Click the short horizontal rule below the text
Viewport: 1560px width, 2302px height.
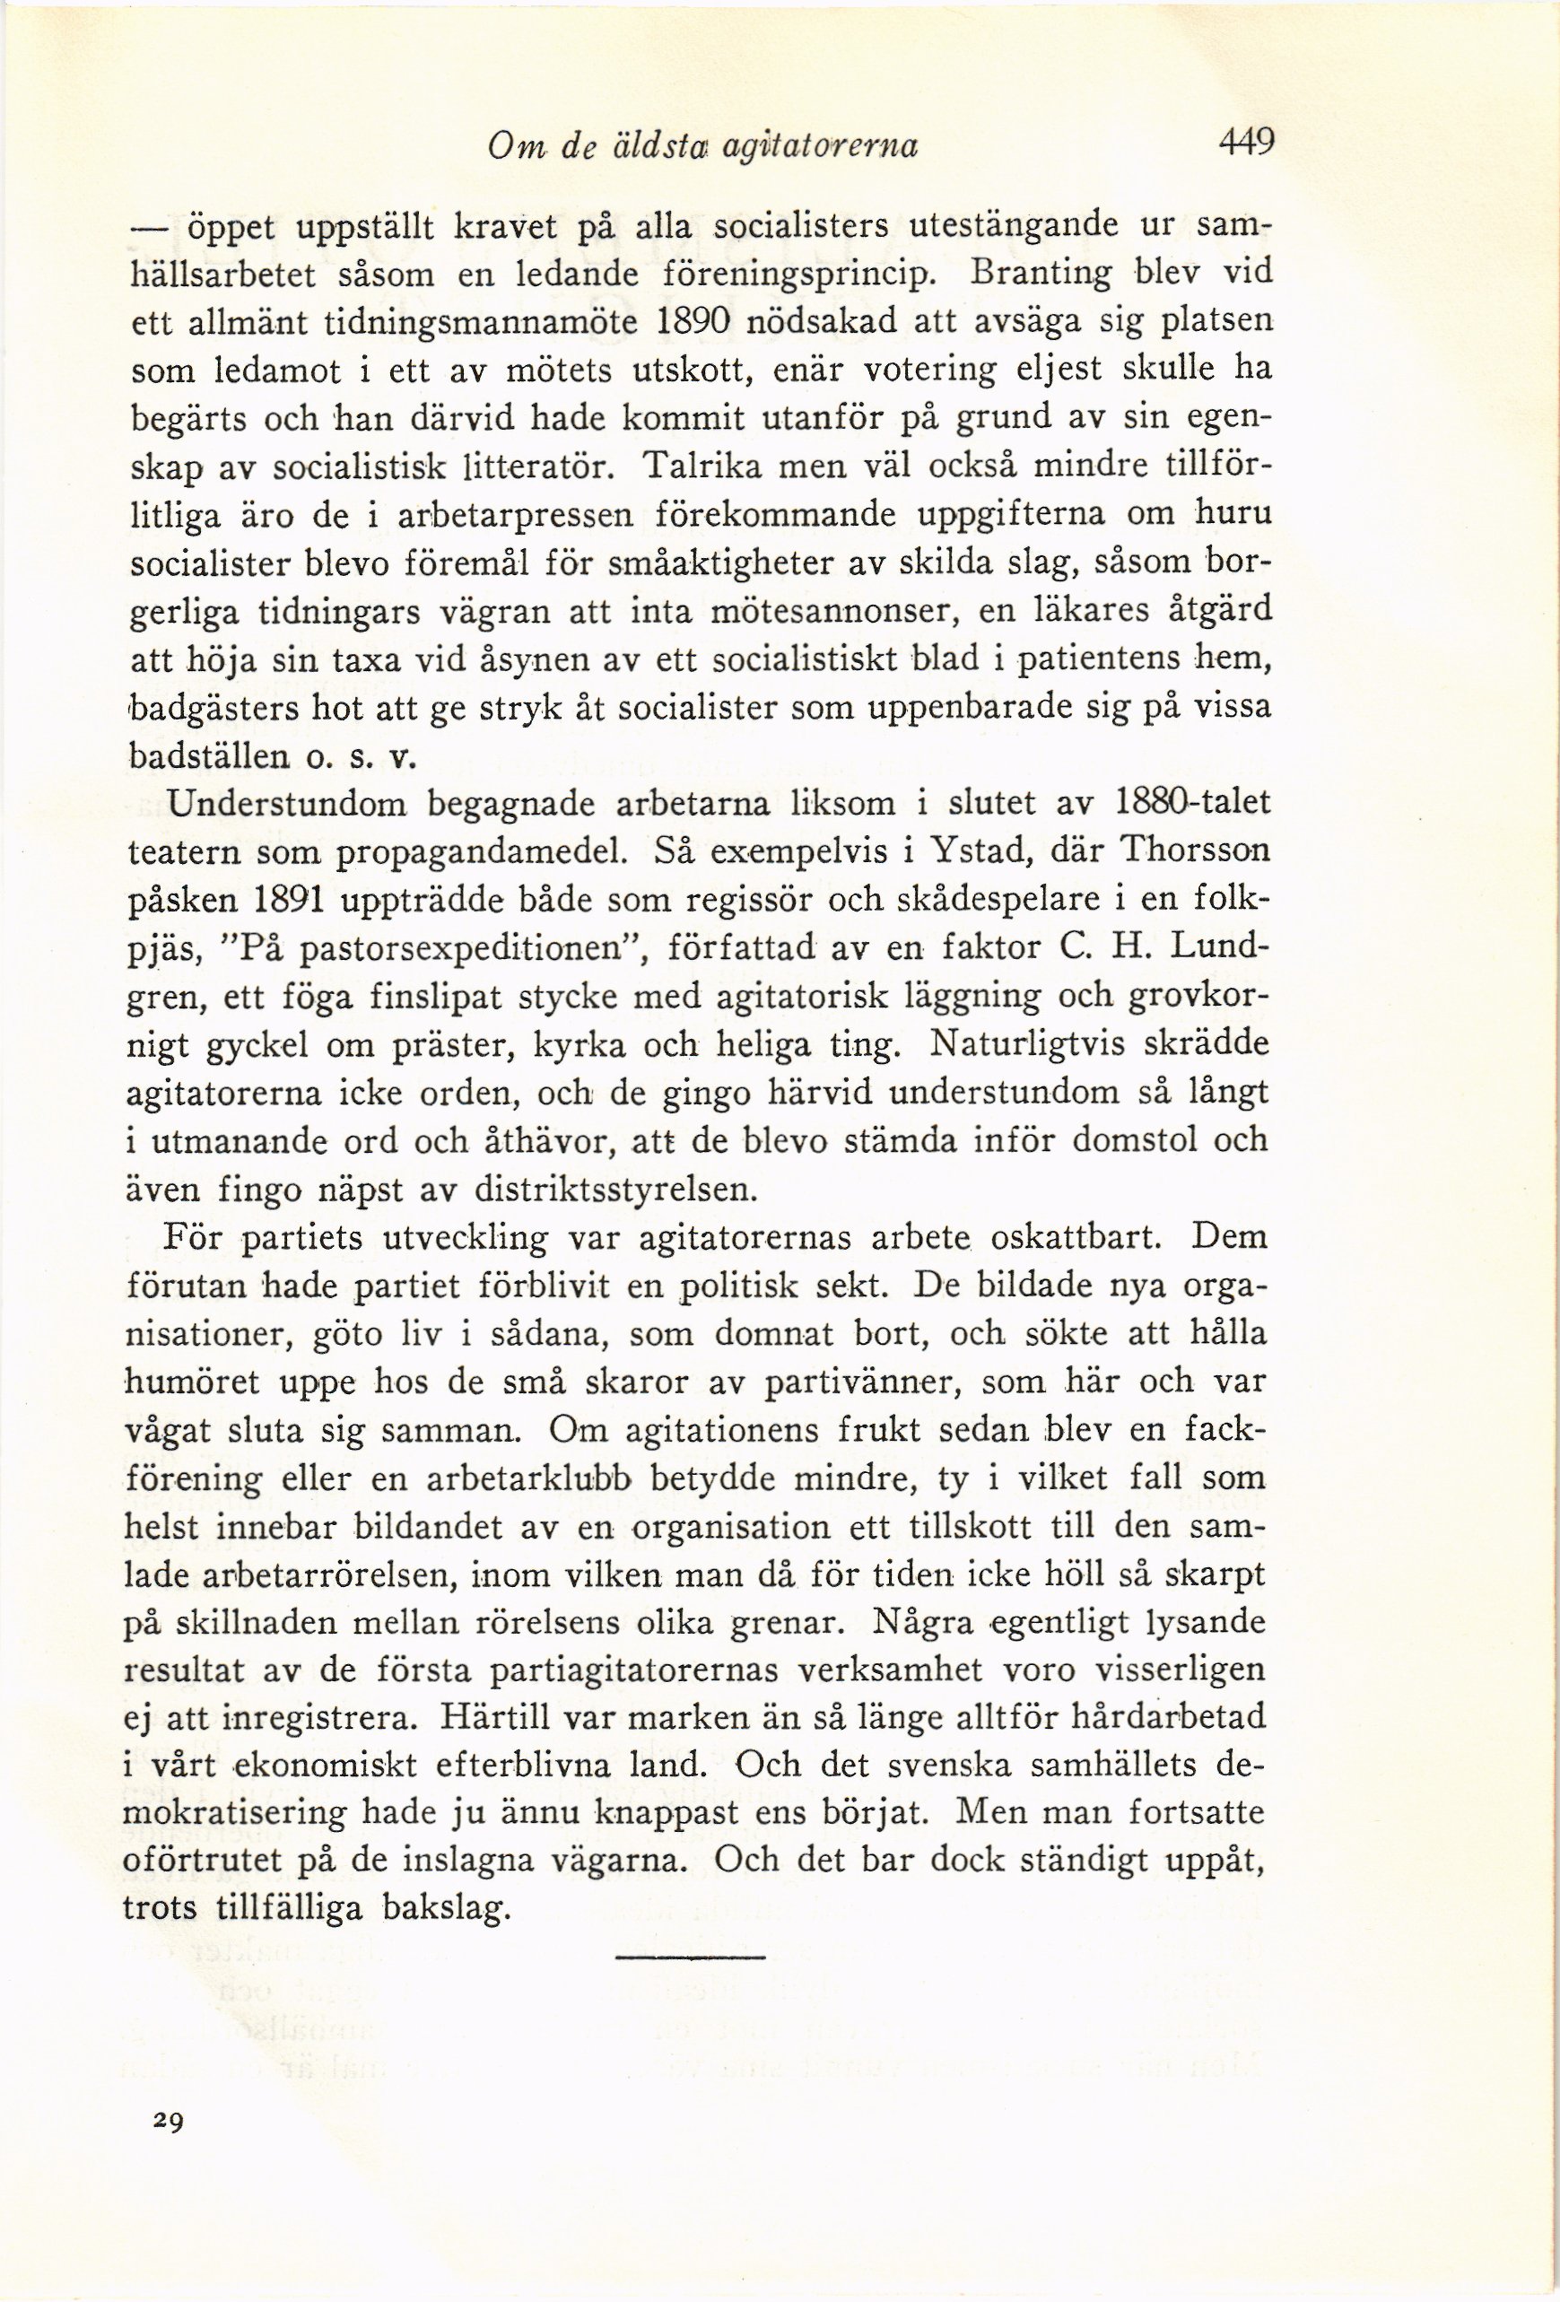click(691, 1959)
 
